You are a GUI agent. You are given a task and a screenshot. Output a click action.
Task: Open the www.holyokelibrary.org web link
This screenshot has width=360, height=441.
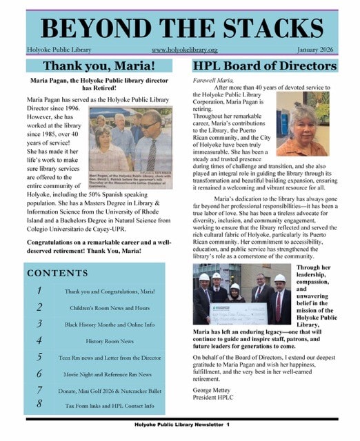[x=184, y=50]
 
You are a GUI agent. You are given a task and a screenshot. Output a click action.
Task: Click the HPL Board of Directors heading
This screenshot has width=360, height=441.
[x=265, y=66]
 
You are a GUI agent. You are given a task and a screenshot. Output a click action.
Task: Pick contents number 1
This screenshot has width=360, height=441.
[x=40, y=291]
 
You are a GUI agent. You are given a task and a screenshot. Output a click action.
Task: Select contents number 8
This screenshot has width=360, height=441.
[x=40, y=405]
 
